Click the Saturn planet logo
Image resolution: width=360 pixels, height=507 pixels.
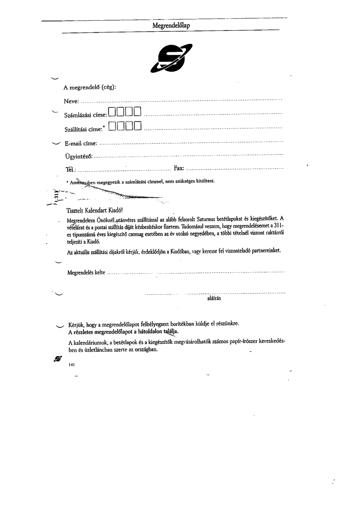[x=171, y=58]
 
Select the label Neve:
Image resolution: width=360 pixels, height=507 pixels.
[x=71, y=102]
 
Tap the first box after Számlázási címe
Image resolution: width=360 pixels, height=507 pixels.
[x=112, y=112]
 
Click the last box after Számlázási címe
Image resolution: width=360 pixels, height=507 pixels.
[x=137, y=112]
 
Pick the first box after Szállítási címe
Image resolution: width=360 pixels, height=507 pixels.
[x=112, y=126]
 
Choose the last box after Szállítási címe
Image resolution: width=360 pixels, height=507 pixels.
[x=137, y=126]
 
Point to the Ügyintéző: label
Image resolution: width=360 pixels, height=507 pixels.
[x=78, y=156]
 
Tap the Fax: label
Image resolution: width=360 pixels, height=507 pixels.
[x=179, y=168]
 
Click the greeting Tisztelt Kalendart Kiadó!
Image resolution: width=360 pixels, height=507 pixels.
[x=92, y=210]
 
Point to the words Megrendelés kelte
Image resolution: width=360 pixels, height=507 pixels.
[x=86, y=273]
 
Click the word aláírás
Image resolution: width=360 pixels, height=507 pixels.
[x=214, y=298]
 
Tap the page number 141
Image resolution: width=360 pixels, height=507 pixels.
[x=72, y=364]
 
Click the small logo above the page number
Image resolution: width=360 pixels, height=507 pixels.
[x=58, y=358]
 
